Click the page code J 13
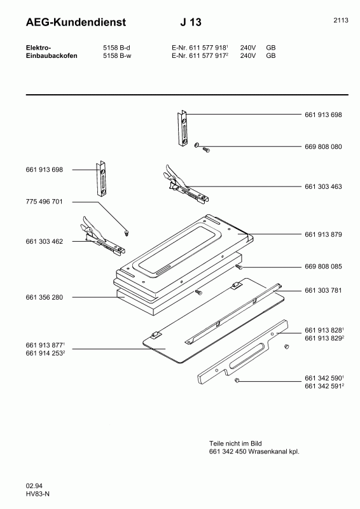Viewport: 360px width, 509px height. [190, 23]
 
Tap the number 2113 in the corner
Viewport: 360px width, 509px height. [340, 20]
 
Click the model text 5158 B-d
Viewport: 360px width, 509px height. [116, 48]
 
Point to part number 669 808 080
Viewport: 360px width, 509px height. [323, 146]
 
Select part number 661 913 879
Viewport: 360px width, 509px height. [323, 234]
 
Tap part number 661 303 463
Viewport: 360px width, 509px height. [323, 186]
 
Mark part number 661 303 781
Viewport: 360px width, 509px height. [323, 291]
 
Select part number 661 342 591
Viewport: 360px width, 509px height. [323, 386]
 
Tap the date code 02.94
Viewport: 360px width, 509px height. [34, 486]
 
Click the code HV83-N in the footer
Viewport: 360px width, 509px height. [38, 494]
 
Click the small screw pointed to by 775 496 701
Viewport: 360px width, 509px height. [127, 232]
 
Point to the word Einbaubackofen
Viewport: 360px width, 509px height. [52, 55]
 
